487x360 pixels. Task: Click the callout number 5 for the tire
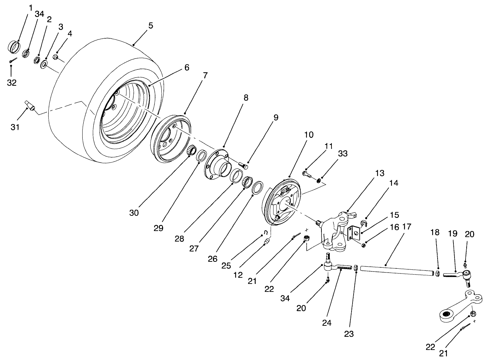[150, 26]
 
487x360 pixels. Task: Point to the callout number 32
[12, 83]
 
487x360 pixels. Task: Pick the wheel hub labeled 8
[218, 164]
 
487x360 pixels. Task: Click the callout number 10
[309, 135]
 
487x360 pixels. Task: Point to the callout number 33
[343, 153]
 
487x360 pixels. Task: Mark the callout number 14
[393, 183]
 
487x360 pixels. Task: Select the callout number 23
[349, 334]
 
